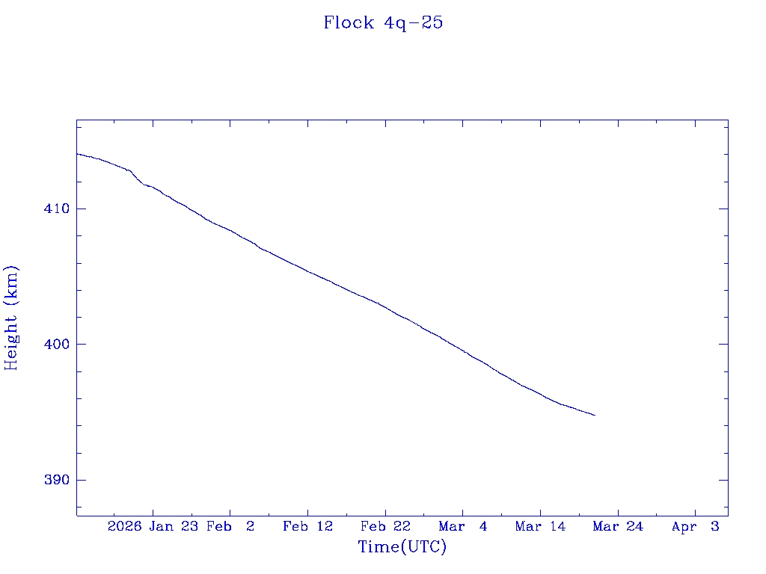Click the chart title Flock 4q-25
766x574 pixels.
[x=383, y=22]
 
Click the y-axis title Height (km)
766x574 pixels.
[x=11, y=317]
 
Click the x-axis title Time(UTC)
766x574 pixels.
[x=402, y=547]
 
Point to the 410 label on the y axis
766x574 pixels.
[x=58, y=209]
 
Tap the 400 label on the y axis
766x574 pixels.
[x=58, y=345]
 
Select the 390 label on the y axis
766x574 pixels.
[x=58, y=480]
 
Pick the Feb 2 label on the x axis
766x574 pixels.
[x=230, y=526]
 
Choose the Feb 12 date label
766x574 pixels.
[x=307, y=526]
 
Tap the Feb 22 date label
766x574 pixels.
[x=385, y=526]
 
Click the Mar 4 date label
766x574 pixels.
[x=463, y=526]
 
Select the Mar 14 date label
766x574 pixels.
[x=540, y=526]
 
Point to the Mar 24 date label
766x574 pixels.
[x=618, y=526]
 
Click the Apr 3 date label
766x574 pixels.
[x=696, y=526]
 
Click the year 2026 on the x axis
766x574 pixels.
[x=124, y=526]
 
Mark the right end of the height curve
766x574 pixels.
[x=595, y=415]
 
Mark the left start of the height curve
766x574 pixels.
[x=77, y=154]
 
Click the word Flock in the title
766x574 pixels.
[x=349, y=22]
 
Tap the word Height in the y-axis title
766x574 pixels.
[x=11, y=337]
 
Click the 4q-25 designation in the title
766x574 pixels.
[x=414, y=22]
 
